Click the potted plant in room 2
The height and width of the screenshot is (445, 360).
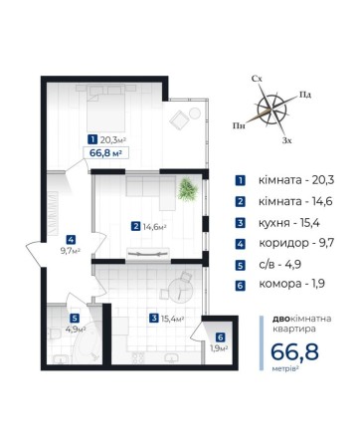188,190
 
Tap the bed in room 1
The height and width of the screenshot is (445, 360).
105,108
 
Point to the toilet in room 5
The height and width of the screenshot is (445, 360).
53,334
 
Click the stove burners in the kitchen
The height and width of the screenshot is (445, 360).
138,357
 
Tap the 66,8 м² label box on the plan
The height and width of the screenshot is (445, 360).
105,153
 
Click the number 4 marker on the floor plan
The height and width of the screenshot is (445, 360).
71,239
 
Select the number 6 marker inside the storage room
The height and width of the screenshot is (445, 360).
220,337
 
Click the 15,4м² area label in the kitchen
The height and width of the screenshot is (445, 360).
172,319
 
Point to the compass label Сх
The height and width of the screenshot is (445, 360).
257,79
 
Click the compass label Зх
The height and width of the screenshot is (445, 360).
287,140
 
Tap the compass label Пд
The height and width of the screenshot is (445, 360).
305,95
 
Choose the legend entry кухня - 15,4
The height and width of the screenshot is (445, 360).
288,223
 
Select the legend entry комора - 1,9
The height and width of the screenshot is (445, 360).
291,284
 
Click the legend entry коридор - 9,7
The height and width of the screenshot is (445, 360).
296,243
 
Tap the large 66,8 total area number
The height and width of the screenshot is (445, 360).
294,351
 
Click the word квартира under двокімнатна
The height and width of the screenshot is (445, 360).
294,330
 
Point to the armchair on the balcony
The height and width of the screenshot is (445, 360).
179,119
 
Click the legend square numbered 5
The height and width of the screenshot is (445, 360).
240,266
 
